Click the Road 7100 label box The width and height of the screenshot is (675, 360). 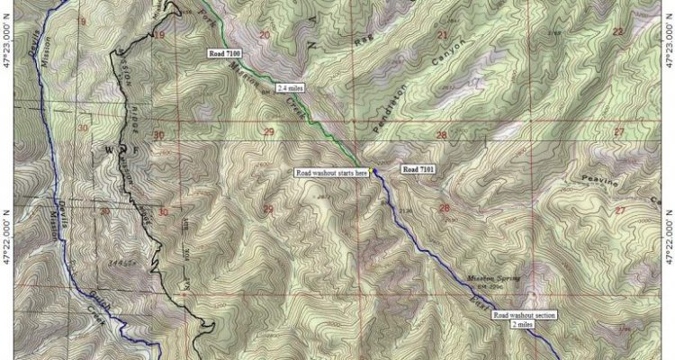coord(225,56)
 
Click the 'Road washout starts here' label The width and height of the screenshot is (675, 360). coord(330,172)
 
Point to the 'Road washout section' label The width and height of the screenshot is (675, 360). coord(531,317)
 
